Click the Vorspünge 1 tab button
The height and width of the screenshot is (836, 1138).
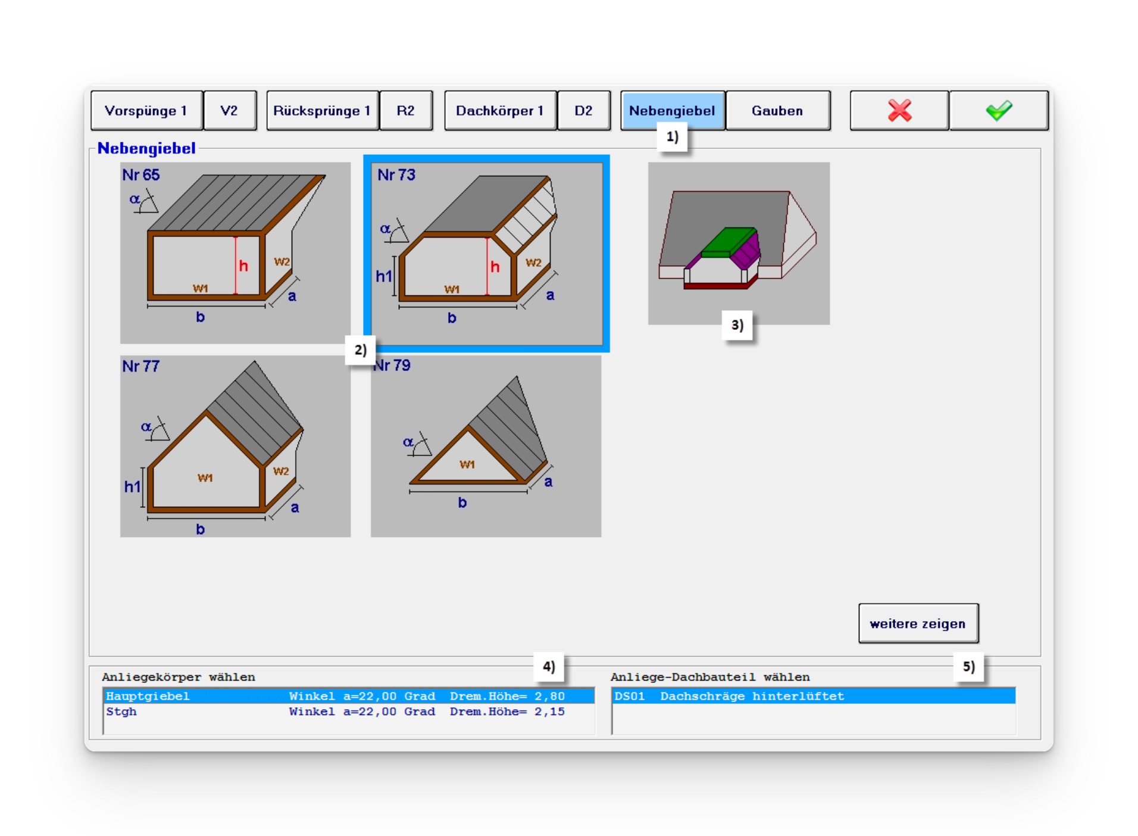(x=146, y=111)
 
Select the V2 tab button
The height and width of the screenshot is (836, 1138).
(x=230, y=111)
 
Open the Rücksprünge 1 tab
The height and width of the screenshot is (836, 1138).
(x=322, y=111)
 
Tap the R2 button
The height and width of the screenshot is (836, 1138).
(x=406, y=111)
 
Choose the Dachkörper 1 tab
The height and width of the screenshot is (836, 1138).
(x=500, y=111)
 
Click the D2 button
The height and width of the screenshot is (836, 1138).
(x=584, y=111)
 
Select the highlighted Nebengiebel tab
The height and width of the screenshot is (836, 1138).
(x=673, y=111)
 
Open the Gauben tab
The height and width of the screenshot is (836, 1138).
(x=777, y=111)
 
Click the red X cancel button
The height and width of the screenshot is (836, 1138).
(x=899, y=111)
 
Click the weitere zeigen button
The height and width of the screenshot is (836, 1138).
(x=918, y=623)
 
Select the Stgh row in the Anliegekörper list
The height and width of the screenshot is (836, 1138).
(x=349, y=712)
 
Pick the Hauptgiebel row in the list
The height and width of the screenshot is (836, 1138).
(x=349, y=696)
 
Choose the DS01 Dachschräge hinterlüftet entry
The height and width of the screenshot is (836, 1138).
(x=814, y=696)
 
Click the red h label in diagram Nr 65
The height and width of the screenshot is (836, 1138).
(x=243, y=266)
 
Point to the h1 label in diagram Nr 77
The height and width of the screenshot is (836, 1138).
(x=132, y=487)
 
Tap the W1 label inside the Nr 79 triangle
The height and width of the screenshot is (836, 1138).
(x=467, y=464)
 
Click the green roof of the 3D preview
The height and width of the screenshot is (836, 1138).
(x=729, y=241)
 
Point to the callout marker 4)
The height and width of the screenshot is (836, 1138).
(x=549, y=666)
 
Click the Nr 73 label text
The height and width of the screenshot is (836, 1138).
(x=396, y=175)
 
